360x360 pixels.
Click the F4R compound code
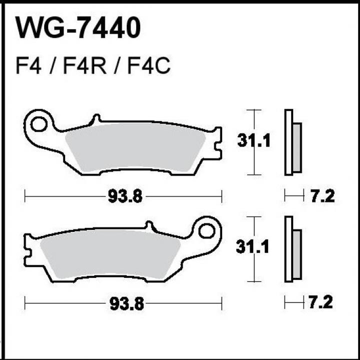point(85,67)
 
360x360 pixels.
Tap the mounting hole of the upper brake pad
point(38,124)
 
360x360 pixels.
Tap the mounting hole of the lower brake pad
point(207,231)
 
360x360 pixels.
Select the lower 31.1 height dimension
point(253,247)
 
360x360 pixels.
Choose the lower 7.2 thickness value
point(320,303)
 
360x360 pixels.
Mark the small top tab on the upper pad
point(96,119)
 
